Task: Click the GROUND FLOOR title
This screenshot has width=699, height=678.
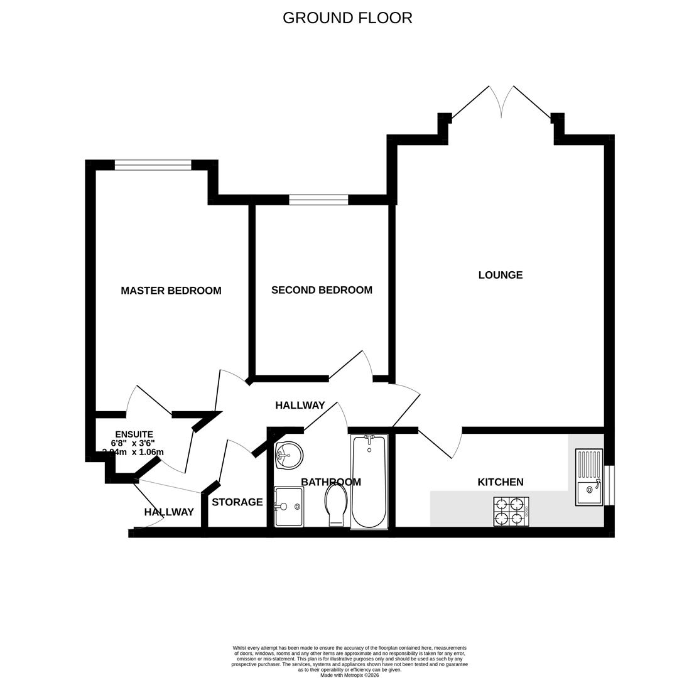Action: pos(347,18)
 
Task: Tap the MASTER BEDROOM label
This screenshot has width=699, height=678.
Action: pos(171,291)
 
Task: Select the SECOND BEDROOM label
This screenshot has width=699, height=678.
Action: pos(322,290)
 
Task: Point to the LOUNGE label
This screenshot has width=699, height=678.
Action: pos(500,275)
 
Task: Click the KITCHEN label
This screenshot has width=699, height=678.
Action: pos(500,482)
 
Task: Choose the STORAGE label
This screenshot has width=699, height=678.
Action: pos(237,502)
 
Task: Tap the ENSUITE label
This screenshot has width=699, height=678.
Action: pos(134,434)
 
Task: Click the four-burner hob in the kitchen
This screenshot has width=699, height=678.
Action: pos(511,511)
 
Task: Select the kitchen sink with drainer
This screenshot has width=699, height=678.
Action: pos(588,477)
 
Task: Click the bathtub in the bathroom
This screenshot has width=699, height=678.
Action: pos(369,482)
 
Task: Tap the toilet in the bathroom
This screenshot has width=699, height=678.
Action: pos(336,505)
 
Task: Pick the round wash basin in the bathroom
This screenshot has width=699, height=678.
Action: pos(289,455)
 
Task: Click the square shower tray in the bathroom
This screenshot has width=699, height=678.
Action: pos(289,507)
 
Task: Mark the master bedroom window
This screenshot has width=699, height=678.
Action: pos(153,165)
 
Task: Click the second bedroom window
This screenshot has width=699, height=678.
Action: pos(318,200)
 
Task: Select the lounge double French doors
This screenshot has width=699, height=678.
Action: pos(501,104)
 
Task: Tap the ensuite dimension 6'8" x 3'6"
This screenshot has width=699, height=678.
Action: pos(133,443)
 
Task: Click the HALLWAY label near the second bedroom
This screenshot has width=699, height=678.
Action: pos(300,406)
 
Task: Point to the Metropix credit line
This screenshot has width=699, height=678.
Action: pos(349,675)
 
